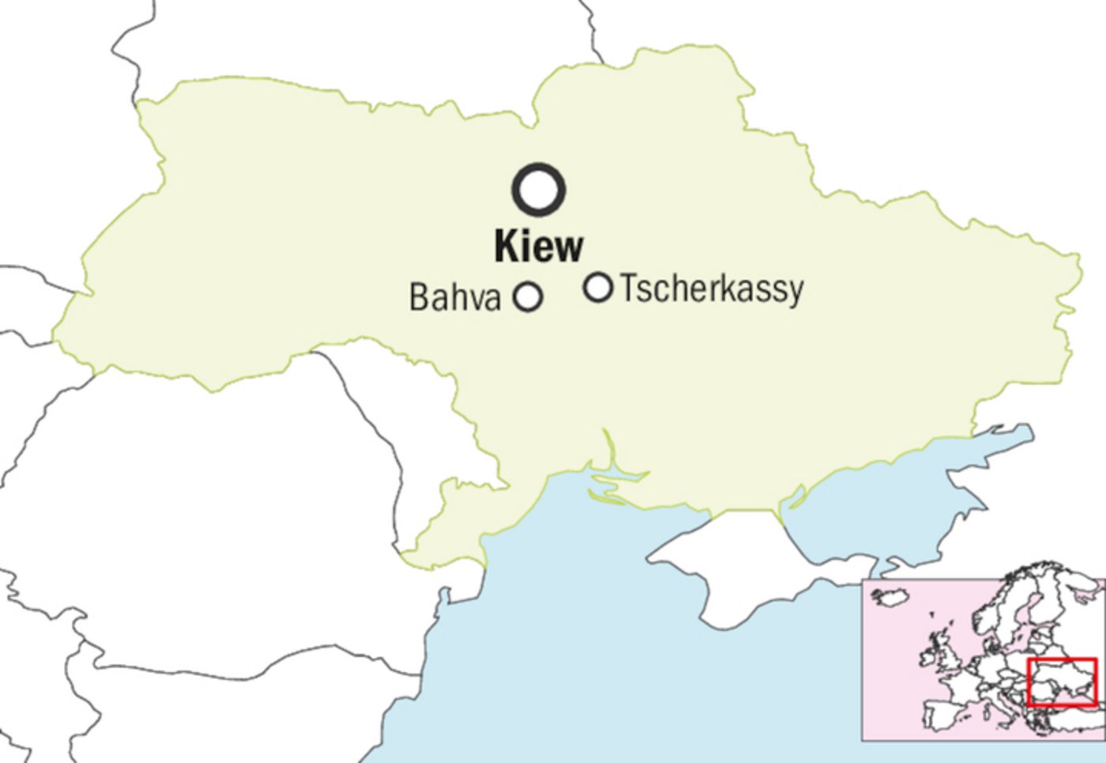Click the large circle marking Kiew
click(x=539, y=190)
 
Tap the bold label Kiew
click(x=539, y=246)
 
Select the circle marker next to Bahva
click(x=528, y=297)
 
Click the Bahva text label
click(x=455, y=298)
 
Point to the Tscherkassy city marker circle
click(x=598, y=287)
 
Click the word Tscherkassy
click(x=712, y=289)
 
